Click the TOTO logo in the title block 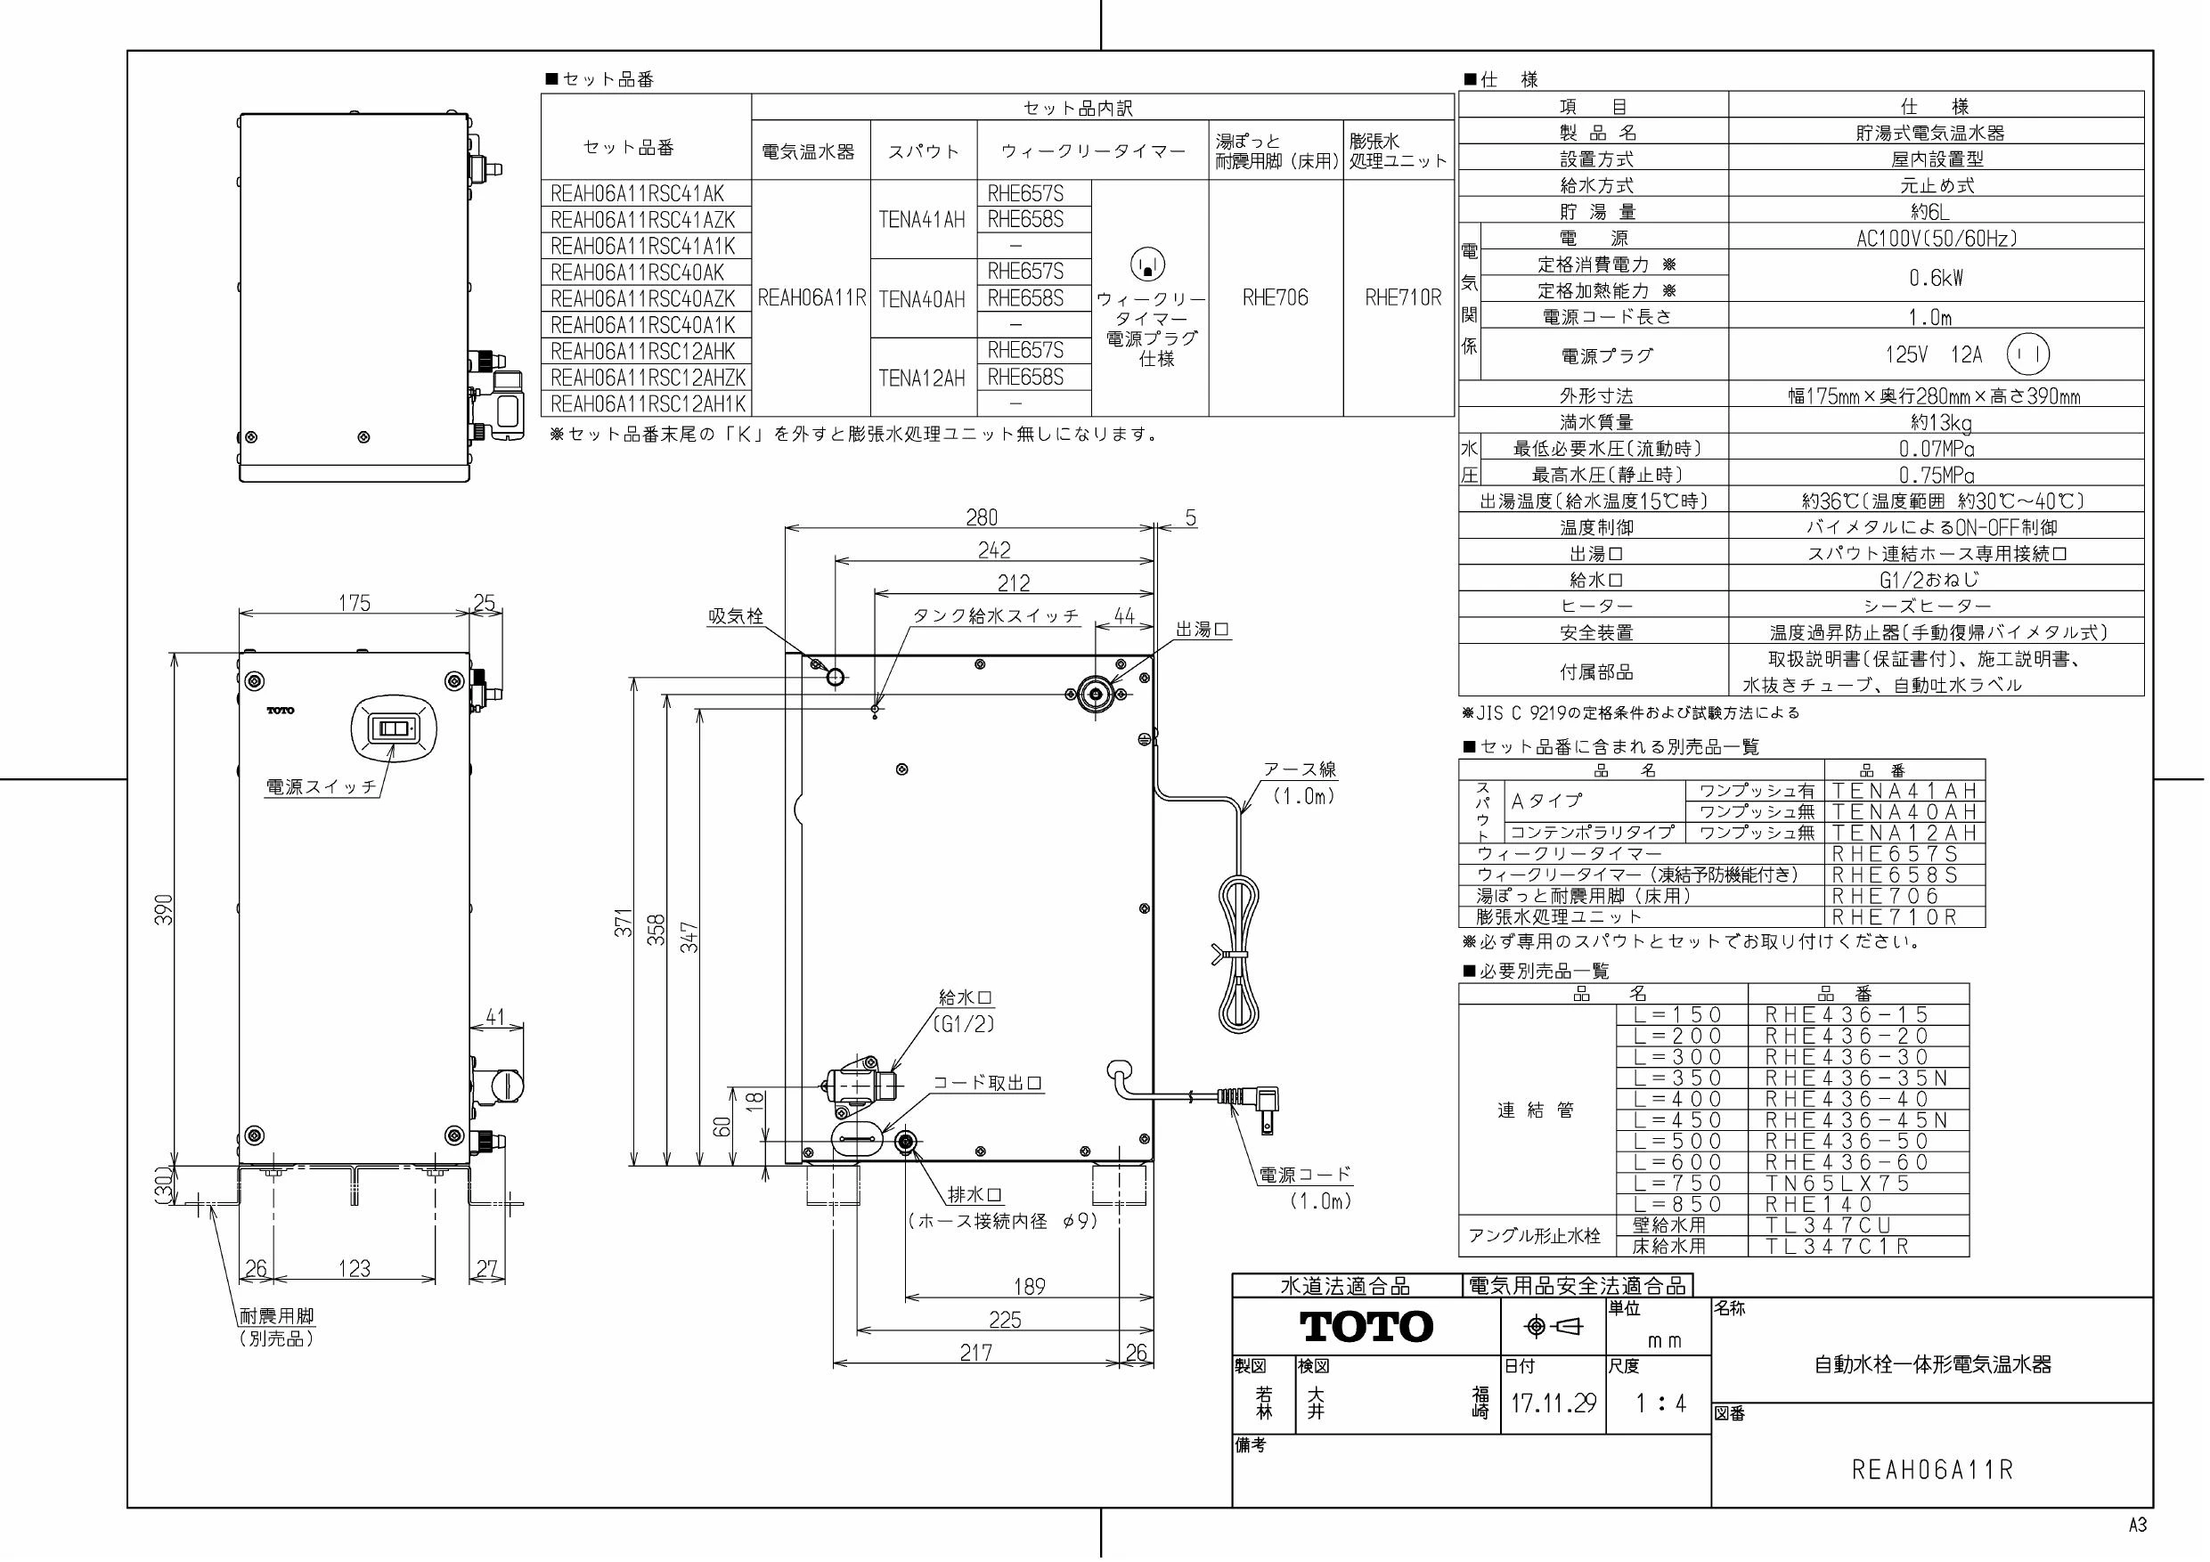tap(1366, 1326)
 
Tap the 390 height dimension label tap(165, 910)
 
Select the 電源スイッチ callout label tap(322, 786)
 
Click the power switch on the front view tap(395, 728)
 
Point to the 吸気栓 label tap(736, 616)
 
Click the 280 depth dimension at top tap(982, 517)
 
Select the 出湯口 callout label tap(1203, 630)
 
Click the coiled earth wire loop tap(1240, 953)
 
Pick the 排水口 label tap(975, 1194)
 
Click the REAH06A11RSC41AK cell tap(637, 193)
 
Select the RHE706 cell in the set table tap(1276, 297)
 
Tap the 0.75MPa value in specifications tap(1937, 475)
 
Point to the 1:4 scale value tap(1660, 1403)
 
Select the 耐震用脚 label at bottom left tap(276, 1315)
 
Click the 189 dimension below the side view tap(1029, 1286)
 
